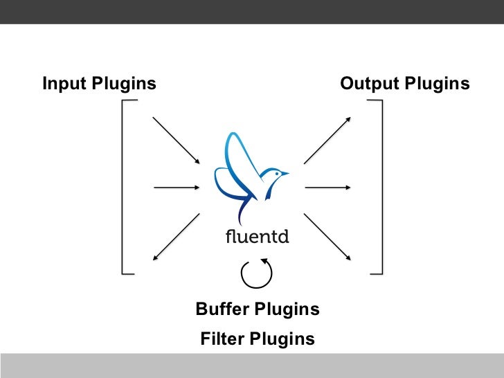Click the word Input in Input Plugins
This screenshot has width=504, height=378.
point(63,84)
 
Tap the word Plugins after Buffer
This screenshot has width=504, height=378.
point(287,309)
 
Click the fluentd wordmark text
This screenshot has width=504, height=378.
point(257,236)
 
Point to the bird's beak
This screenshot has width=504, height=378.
point(285,174)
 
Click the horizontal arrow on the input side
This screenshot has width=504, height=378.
point(177,187)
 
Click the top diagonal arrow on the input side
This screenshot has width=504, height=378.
point(176,141)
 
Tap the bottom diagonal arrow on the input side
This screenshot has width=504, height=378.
point(176,237)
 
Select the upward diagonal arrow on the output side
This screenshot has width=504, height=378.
point(327,140)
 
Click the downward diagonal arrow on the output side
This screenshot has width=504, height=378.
point(327,236)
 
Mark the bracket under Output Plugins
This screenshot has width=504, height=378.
point(380,187)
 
